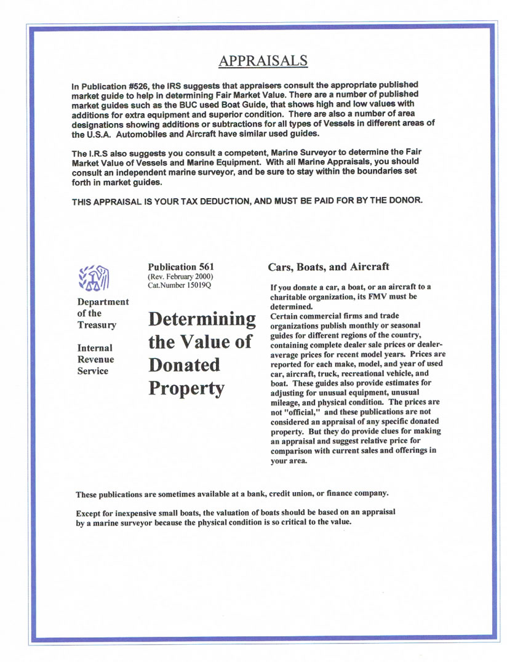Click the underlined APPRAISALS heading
(x=263, y=61)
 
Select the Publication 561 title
(x=180, y=267)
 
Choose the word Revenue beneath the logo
(x=95, y=359)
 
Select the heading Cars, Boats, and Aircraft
(x=329, y=267)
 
